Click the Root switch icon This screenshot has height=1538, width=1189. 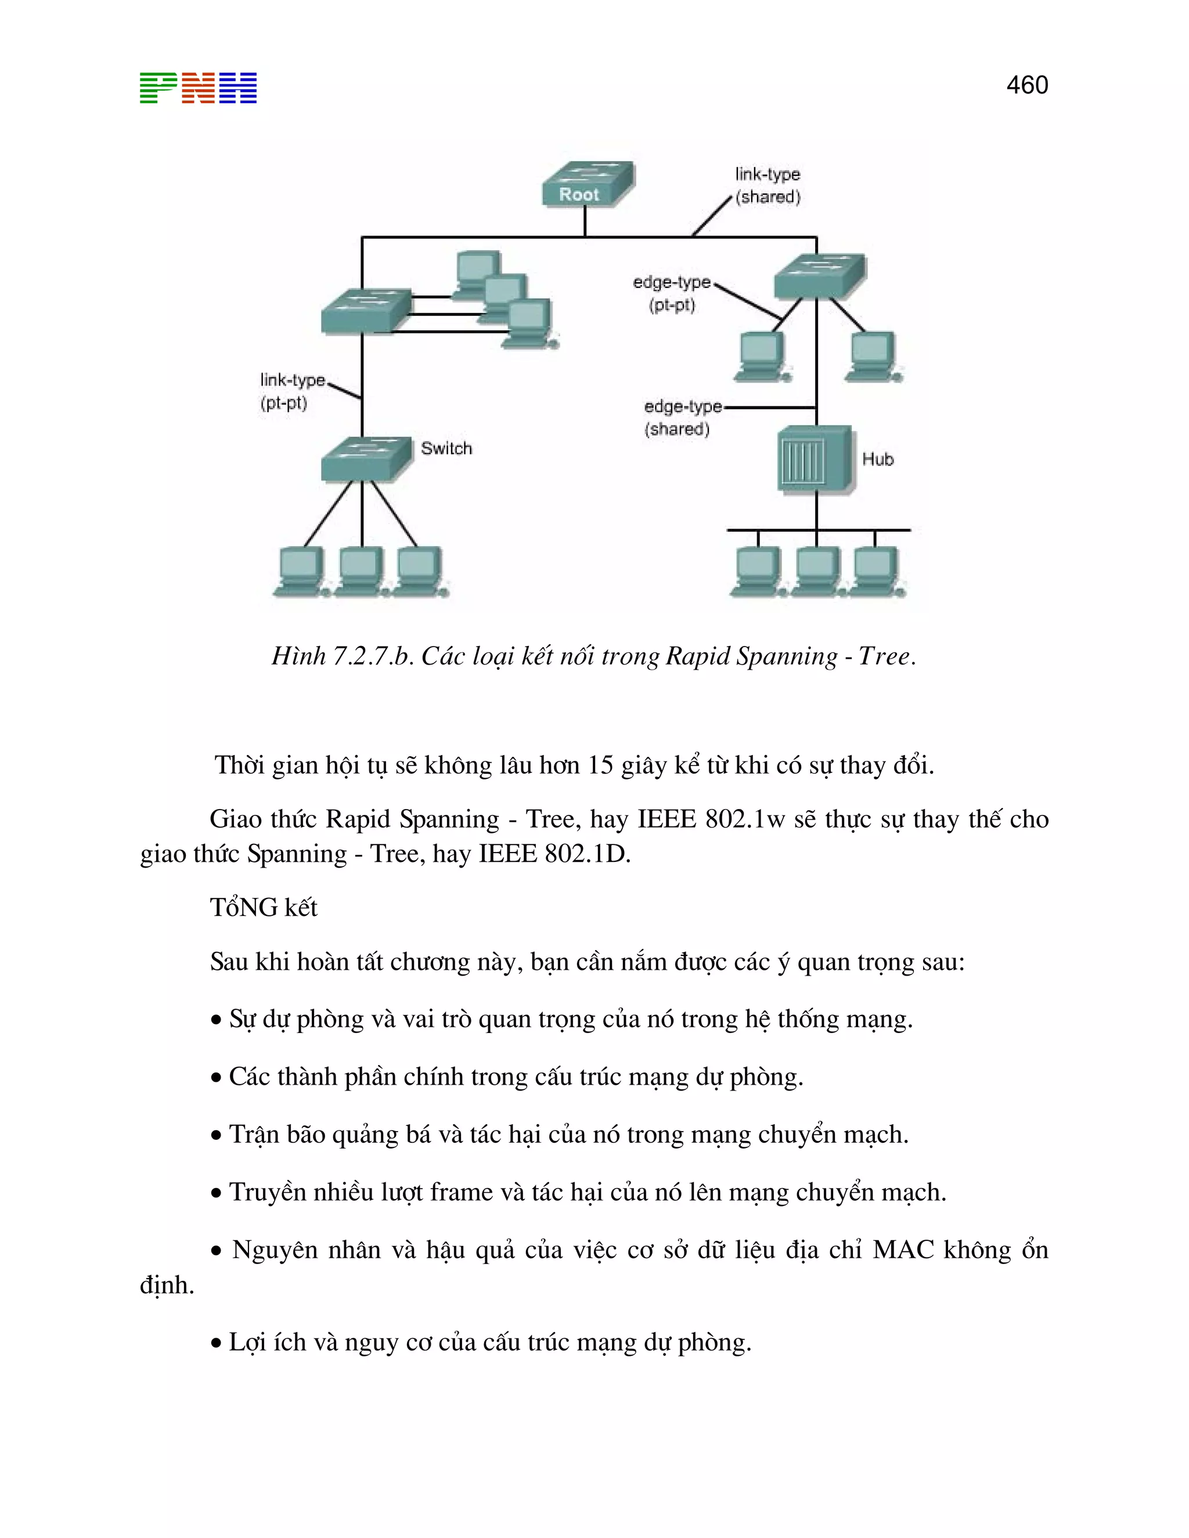tap(588, 185)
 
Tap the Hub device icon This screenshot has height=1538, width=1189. tap(815, 459)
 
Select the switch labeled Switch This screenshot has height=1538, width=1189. tap(366, 458)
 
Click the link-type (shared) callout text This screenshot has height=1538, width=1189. tap(768, 185)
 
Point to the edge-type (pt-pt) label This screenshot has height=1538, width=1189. tap(672, 294)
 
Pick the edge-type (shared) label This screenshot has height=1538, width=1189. tap(680, 418)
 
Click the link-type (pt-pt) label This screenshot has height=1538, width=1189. tap(291, 392)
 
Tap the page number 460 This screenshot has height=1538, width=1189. tap(1027, 85)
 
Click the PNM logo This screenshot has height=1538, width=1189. tap(198, 88)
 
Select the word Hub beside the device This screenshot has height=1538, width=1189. tap(878, 459)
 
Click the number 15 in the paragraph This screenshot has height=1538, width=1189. tap(600, 766)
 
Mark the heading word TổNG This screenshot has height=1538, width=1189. tap(244, 908)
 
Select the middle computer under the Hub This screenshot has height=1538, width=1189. tap(817, 572)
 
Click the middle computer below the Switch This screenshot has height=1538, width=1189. tap(361, 572)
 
